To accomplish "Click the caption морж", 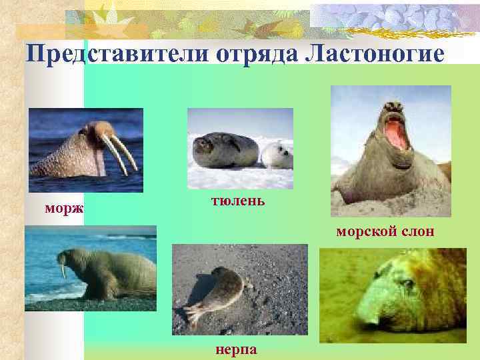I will (64, 209).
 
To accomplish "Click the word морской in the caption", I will (367, 232).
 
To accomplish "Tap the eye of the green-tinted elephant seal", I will (404, 284).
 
